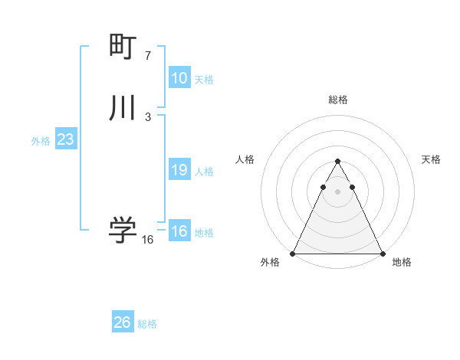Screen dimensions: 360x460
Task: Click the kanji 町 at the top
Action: click(x=123, y=48)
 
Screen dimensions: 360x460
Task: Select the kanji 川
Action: click(x=123, y=108)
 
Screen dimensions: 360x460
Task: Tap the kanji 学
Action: click(x=123, y=229)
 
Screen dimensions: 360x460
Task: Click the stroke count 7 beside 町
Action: click(x=148, y=56)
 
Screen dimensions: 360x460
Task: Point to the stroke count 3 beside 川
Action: click(x=148, y=116)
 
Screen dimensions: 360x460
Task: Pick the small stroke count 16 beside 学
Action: click(x=148, y=240)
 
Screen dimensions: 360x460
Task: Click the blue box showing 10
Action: click(x=179, y=78)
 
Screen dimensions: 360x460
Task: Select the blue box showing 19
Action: click(x=179, y=171)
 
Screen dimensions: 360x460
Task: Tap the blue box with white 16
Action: click(x=179, y=232)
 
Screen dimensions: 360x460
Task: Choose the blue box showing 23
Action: click(x=66, y=140)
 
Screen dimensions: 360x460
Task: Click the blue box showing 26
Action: click(x=123, y=323)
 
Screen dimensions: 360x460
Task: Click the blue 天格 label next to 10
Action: click(x=204, y=80)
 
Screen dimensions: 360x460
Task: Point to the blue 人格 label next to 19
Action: click(x=204, y=172)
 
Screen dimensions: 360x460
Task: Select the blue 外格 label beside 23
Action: click(x=41, y=141)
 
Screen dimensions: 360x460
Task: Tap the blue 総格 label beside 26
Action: click(x=147, y=324)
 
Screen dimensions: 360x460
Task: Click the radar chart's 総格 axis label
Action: click(x=337, y=100)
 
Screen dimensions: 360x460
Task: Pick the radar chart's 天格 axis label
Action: click(x=432, y=159)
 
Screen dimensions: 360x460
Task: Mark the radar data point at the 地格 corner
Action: click(x=382, y=253)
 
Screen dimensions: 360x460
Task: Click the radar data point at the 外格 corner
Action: click(x=293, y=253)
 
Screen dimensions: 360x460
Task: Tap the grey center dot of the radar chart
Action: click(x=337, y=191)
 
